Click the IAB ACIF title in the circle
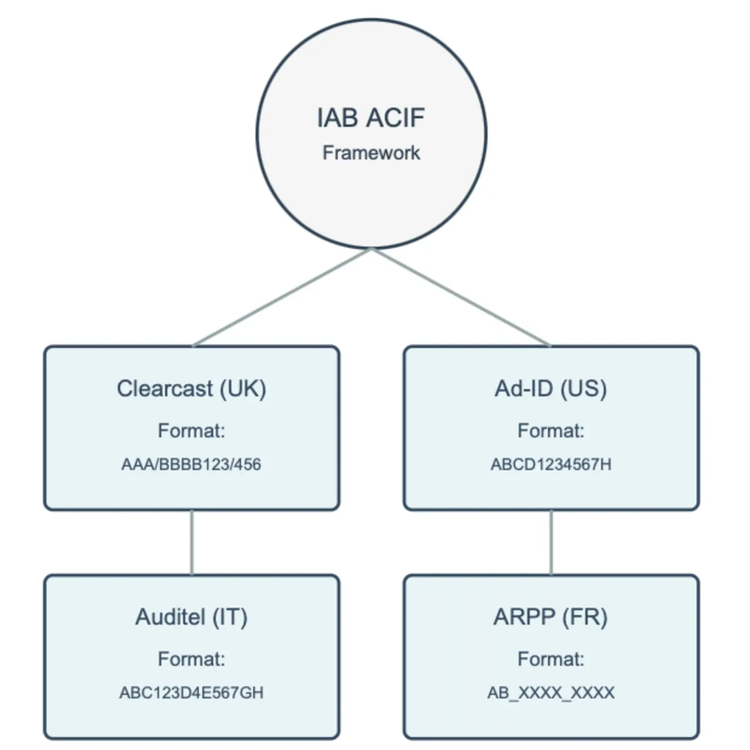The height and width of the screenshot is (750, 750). [x=371, y=118]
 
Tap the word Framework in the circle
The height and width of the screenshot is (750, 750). [x=371, y=152]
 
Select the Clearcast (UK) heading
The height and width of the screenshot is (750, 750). [x=191, y=389]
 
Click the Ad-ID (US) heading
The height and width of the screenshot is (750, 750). [x=551, y=389]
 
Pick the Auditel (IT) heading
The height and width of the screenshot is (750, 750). [x=191, y=617]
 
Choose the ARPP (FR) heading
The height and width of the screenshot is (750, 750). [x=551, y=617]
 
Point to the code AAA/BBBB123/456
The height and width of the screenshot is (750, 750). [x=191, y=464]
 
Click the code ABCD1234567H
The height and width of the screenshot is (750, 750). [x=551, y=464]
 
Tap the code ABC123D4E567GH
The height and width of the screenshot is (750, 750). [x=191, y=692]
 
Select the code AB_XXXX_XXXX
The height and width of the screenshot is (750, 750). [x=551, y=692]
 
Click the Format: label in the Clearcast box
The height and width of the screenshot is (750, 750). [x=191, y=431]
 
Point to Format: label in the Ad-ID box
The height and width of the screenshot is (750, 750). [x=551, y=431]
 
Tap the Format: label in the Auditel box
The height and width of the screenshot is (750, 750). [x=191, y=659]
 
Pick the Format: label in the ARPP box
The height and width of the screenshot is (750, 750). [x=551, y=659]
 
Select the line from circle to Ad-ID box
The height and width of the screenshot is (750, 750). [x=461, y=297]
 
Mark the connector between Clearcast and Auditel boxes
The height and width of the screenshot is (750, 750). [x=191, y=542]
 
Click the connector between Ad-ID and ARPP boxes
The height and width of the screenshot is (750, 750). [x=551, y=542]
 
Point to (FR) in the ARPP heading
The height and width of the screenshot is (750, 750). [x=584, y=617]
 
